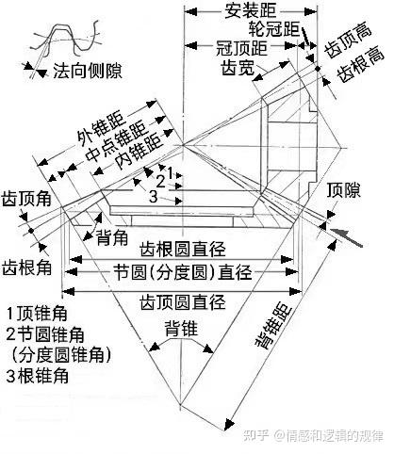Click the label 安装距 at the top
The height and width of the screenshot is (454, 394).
pos(251,10)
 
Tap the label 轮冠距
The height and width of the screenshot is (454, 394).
pos(274,29)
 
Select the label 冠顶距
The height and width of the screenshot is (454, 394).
pos(242,48)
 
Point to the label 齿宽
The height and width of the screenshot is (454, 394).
pos(238,67)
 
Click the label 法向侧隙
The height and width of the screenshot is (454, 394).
pos(88,71)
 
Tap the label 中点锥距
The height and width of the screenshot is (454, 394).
pos(117,141)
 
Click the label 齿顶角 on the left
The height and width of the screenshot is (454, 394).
pos(26,199)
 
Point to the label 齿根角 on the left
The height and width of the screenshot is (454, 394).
pos(26,268)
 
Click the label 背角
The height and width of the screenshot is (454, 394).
pos(111,237)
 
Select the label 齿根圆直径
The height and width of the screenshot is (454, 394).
pos(183,250)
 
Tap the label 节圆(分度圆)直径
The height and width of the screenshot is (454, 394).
pos(183,271)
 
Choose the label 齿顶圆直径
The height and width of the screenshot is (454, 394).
pos(183,302)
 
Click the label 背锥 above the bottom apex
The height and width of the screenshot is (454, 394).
pos(181,329)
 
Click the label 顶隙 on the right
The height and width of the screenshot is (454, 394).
pos(343,190)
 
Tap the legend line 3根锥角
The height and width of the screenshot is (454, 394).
pos(37,376)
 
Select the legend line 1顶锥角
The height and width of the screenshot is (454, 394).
pos(37,313)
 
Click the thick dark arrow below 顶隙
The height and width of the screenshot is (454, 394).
pos(346,236)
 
